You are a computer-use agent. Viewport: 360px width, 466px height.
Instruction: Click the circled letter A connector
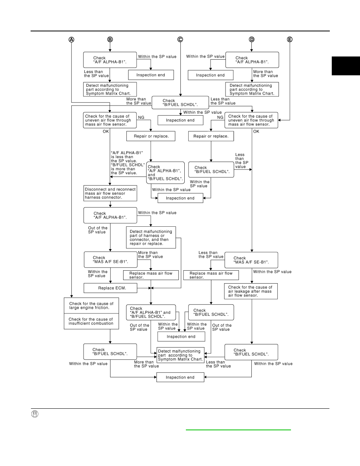71,40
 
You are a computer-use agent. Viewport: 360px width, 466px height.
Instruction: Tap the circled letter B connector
110,40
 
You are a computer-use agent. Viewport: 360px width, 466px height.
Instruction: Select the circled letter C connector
180,40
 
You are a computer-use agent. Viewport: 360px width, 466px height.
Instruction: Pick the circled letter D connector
252,40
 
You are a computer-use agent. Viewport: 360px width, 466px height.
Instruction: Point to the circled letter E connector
289,40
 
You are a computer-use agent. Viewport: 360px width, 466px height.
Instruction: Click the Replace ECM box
111,288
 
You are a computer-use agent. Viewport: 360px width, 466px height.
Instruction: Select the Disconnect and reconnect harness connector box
110,193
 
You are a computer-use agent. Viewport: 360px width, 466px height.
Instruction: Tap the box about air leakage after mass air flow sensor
251,291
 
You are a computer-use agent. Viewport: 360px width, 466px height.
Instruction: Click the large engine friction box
91,306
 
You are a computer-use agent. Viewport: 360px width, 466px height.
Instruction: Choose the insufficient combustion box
91,321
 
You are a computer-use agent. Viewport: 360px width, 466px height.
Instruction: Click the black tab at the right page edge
346,66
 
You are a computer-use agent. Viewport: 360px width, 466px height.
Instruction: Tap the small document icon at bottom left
35,414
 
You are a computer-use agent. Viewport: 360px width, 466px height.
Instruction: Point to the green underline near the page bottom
238,430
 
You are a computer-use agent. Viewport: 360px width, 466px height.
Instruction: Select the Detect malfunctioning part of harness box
151,237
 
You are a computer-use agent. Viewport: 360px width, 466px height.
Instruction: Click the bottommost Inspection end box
180,377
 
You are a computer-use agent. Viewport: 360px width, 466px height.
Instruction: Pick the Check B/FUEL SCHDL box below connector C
180,102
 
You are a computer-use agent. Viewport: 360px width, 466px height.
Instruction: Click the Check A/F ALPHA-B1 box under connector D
252,60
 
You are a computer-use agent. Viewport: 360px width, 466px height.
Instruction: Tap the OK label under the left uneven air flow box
106,131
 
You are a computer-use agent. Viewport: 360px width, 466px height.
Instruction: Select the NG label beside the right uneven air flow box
220,117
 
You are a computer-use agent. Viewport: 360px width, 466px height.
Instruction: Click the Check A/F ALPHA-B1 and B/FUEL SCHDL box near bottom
151,312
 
